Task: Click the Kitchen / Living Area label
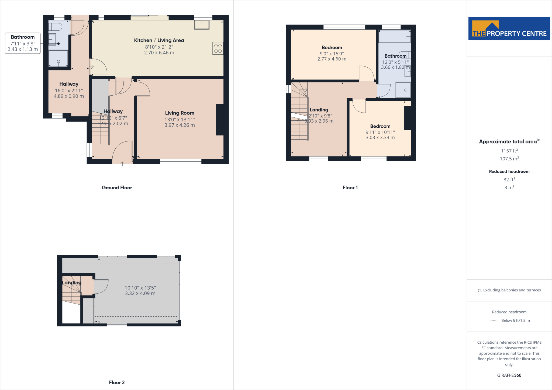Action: click(159, 40)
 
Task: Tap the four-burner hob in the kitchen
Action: click(218, 48)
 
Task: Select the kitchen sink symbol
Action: click(202, 25)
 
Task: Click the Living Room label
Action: click(180, 113)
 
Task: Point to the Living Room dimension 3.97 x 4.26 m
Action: click(180, 125)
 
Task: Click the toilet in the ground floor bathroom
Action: click(55, 27)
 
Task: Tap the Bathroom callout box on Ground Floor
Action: click(23, 43)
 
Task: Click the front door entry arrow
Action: click(122, 163)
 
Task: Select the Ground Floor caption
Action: click(117, 188)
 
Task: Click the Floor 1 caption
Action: click(350, 188)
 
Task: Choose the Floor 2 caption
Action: click(117, 382)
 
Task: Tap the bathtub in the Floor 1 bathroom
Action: click(395, 36)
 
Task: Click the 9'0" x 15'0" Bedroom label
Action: click(332, 48)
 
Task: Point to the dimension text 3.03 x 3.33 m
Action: click(380, 138)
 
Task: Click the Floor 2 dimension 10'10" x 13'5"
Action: click(140, 288)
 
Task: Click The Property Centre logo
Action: click(509, 29)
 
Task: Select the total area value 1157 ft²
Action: click(509, 151)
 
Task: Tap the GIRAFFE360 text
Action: click(509, 375)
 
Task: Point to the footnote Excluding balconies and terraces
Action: click(509, 290)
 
